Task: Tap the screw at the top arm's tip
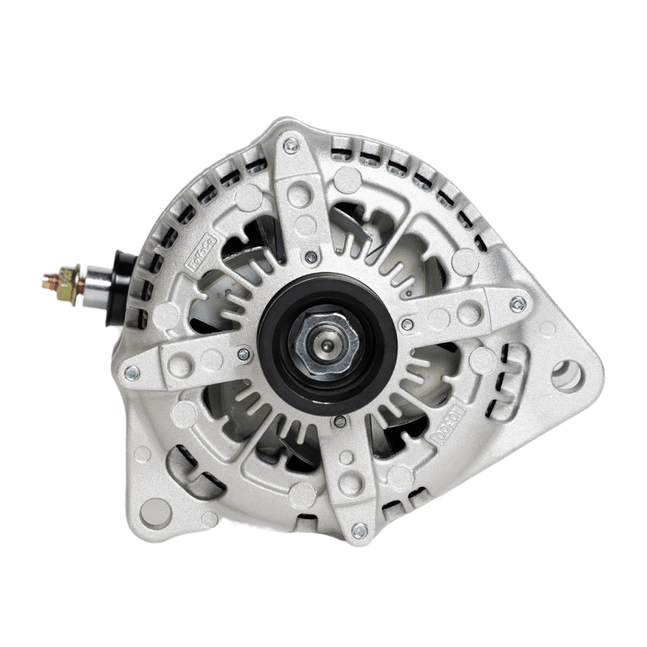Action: point(290,145)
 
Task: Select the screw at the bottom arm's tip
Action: point(359,531)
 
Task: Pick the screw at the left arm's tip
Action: point(132,372)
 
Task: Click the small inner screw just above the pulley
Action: point(311,257)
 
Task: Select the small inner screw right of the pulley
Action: point(408,324)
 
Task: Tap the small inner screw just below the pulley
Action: point(339,422)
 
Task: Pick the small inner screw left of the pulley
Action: point(244,354)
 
